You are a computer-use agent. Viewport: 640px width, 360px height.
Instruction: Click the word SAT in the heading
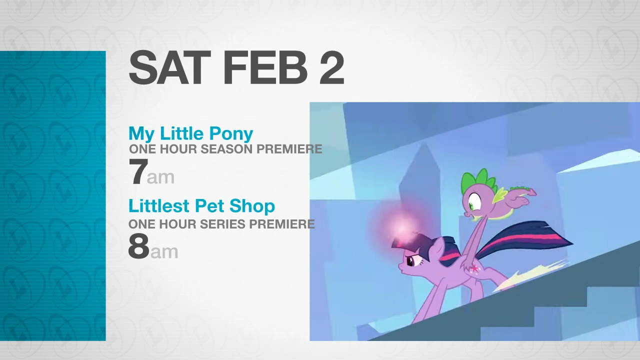170,68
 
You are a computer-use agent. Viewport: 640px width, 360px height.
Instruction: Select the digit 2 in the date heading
331,68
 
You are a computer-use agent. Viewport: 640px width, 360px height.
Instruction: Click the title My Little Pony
191,133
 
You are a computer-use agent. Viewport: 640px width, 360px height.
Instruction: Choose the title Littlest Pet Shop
201,205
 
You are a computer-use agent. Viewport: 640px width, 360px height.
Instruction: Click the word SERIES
222,224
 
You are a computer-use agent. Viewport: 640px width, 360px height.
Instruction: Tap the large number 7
138,171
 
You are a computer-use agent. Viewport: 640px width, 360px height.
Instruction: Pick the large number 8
139,246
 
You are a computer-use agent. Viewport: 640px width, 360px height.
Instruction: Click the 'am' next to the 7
160,177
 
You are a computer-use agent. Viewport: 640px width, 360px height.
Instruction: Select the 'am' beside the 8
164,252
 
